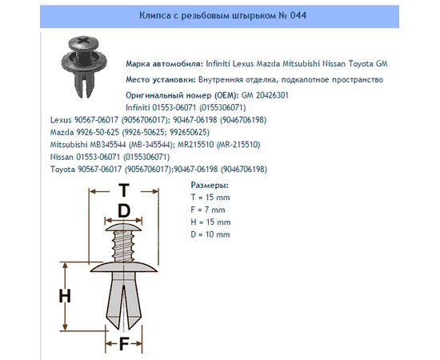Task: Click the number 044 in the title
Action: point(298,15)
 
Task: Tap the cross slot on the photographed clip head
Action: point(83,41)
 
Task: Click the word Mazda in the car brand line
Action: point(268,64)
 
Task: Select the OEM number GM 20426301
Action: point(265,95)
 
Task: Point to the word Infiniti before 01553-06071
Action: point(138,107)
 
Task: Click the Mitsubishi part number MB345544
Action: point(108,145)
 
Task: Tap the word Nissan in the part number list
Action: point(62,157)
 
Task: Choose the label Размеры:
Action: point(210,185)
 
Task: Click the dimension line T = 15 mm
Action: point(210,198)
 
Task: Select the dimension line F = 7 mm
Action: point(208,210)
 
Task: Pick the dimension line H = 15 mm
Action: point(210,222)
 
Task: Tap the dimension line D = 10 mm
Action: point(210,234)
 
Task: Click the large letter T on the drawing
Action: point(124,190)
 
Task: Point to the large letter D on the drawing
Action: point(124,210)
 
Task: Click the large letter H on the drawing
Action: point(65,296)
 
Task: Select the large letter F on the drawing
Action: point(124,344)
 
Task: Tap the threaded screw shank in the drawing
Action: point(123,246)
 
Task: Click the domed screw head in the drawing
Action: point(123,227)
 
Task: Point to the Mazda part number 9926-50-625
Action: point(98,132)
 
